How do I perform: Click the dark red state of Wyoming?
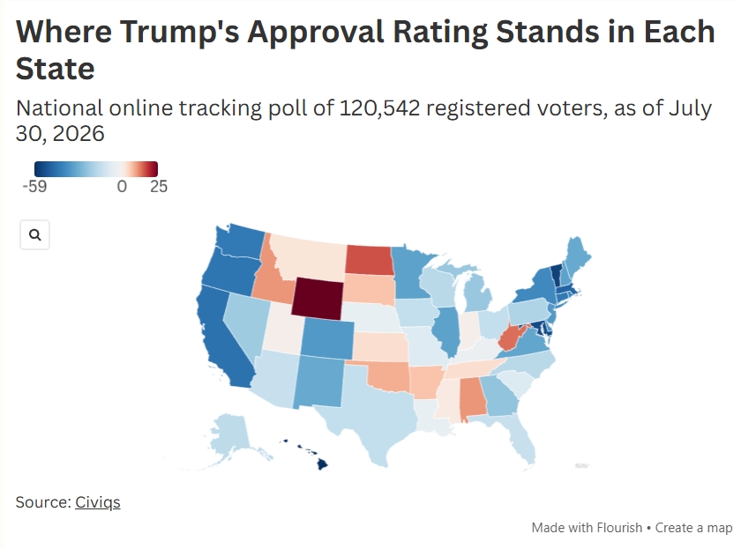[317, 298]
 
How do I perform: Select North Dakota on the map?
[369, 260]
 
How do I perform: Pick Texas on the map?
[373, 411]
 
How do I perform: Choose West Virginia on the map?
[511, 338]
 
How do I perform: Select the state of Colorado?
[327, 338]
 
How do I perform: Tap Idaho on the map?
[269, 278]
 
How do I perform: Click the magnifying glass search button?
[35, 234]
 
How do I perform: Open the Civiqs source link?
[98, 502]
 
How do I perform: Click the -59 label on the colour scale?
[34, 187]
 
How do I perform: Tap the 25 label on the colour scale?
[159, 187]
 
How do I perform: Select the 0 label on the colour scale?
[122, 187]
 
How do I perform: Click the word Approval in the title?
[316, 33]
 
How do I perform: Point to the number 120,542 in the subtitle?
[379, 108]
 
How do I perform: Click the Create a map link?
[693, 528]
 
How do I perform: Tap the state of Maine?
[577, 257]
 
